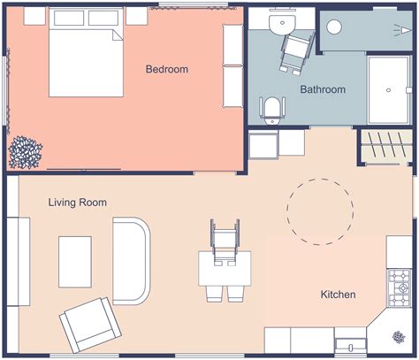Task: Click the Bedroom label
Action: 167,70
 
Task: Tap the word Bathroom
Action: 323,90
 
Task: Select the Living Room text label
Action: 78,203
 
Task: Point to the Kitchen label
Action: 338,295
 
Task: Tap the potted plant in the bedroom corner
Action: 24,152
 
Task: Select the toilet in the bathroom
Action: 273,110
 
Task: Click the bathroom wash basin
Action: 284,24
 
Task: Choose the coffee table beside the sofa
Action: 76,261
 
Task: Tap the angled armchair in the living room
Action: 87,324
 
